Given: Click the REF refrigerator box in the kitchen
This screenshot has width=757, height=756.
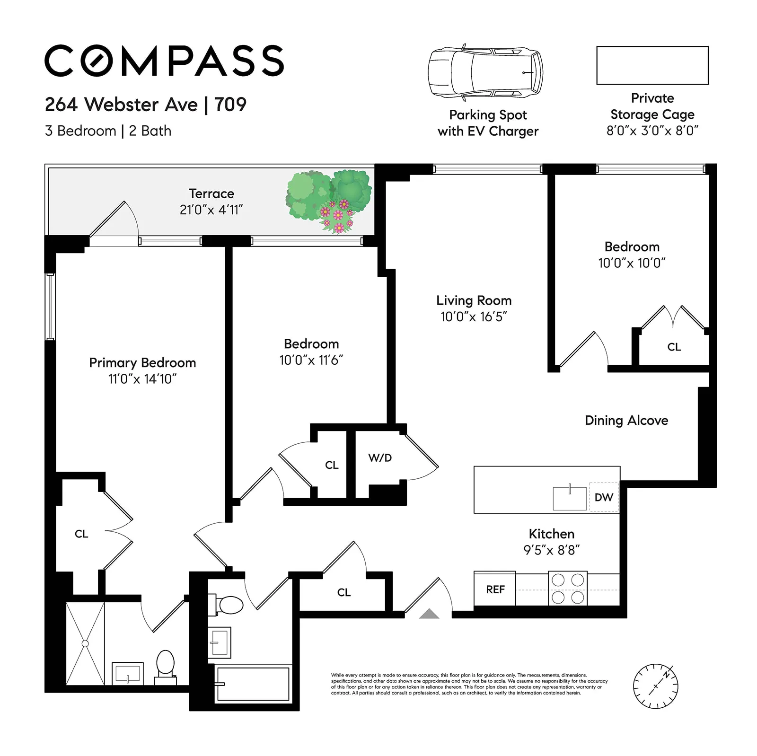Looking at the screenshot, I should (494, 589).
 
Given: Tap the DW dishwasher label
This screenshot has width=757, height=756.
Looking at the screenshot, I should (604, 497).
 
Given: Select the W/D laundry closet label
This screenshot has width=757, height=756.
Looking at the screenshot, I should (380, 458).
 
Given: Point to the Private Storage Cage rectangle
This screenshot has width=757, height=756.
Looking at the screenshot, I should (652, 65).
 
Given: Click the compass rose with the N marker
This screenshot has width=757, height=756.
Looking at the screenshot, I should (655, 686).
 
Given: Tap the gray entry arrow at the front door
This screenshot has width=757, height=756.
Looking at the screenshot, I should (429, 614).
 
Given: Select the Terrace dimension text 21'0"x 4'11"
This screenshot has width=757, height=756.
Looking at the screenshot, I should (211, 210).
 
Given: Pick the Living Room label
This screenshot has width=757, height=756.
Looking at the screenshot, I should (474, 300).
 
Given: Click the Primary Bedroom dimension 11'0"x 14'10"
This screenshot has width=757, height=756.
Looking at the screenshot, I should (142, 379).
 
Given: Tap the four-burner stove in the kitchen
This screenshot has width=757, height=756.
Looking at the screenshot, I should (568, 589).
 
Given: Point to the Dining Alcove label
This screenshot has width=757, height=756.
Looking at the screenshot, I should (626, 421).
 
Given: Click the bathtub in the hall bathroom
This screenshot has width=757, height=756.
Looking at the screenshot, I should (253, 684).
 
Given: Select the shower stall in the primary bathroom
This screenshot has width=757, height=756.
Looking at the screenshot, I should (85, 644).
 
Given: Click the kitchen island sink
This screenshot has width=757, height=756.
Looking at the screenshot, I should (570, 498).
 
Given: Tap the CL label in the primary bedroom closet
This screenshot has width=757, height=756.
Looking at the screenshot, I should (81, 534).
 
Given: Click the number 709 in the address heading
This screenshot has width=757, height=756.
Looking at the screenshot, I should (230, 105).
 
